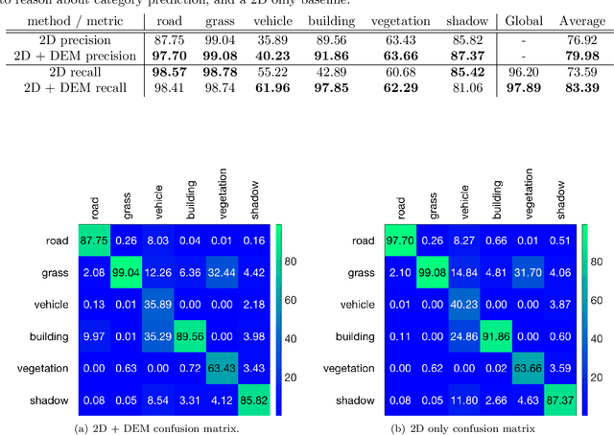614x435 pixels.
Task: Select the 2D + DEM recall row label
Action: pyautogui.click(x=73, y=88)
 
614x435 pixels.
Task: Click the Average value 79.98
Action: pyautogui.click(x=580, y=55)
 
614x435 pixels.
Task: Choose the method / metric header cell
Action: pyautogui.click(x=73, y=19)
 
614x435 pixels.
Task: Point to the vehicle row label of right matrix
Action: pyautogui.click(x=365, y=305)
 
